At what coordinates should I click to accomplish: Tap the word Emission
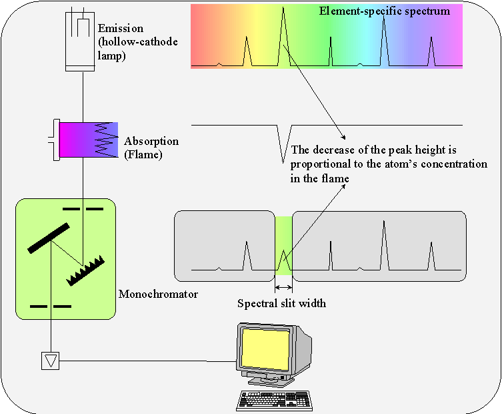tap(120, 29)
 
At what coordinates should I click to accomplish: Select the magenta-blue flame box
tap(88, 140)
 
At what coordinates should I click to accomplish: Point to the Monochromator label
tap(158, 294)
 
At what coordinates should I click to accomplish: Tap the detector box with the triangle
tap(51, 361)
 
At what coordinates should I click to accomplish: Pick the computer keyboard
tap(273, 399)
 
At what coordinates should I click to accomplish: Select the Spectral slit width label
tap(282, 304)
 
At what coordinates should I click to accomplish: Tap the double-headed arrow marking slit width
tap(283, 288)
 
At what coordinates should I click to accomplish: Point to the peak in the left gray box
tap(247, 256)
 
